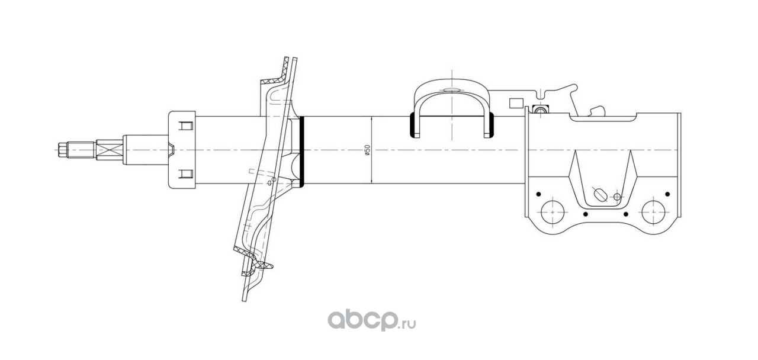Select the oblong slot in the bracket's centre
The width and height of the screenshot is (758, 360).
coord(600,195)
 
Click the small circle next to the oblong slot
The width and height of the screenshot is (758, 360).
coord(617,197)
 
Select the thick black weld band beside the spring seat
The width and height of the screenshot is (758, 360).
coord(302,150)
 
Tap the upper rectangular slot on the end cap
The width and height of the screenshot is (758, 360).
coord(186,126)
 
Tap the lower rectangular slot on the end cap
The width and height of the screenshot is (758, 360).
coord(186,173)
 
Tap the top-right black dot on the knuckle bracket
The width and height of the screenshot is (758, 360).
coord(667,194)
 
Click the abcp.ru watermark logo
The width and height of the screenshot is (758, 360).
coord(372,320)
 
